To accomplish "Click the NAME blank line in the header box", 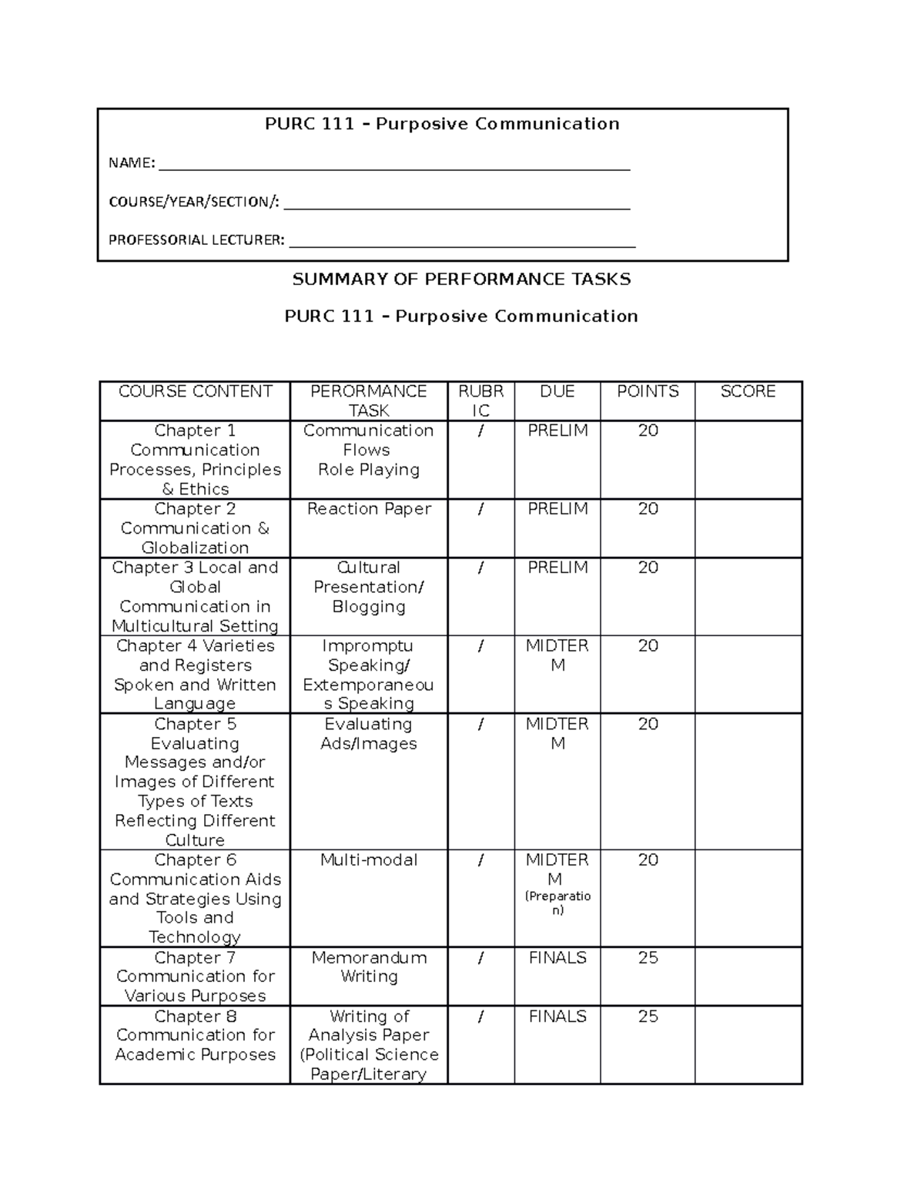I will click(x=393, y=168).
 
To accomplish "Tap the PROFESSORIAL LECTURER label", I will click(x=196, y=240).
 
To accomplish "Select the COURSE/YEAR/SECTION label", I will click(x=194, y=202).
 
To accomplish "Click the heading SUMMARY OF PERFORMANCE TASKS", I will click(x=461, y=279).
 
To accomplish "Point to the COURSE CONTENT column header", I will click(x=195, y=391).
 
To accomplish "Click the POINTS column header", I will click(x=648, y=391).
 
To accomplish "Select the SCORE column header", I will click(x=748, y=391).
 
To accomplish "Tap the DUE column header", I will click(x=557, y=391).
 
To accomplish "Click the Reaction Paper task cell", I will click(x=369, y=509).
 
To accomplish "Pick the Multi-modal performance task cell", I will click(x=369, y=859).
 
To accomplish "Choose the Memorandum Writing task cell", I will click(x=369, y=967).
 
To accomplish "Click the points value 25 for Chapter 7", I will click(x=648, y=957).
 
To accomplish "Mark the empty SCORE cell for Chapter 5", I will click(x=748, y=781).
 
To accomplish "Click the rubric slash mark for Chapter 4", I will click(x=481, y=646).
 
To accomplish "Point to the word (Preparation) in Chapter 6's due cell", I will click(x=557, y=903).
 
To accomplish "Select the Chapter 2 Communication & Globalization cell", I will click(x=195, y=528).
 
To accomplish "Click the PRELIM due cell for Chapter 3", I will click(x=557, y=568).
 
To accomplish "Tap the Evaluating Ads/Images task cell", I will click(x=369, y=734).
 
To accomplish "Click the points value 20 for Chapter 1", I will click(x=648, y=430).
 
